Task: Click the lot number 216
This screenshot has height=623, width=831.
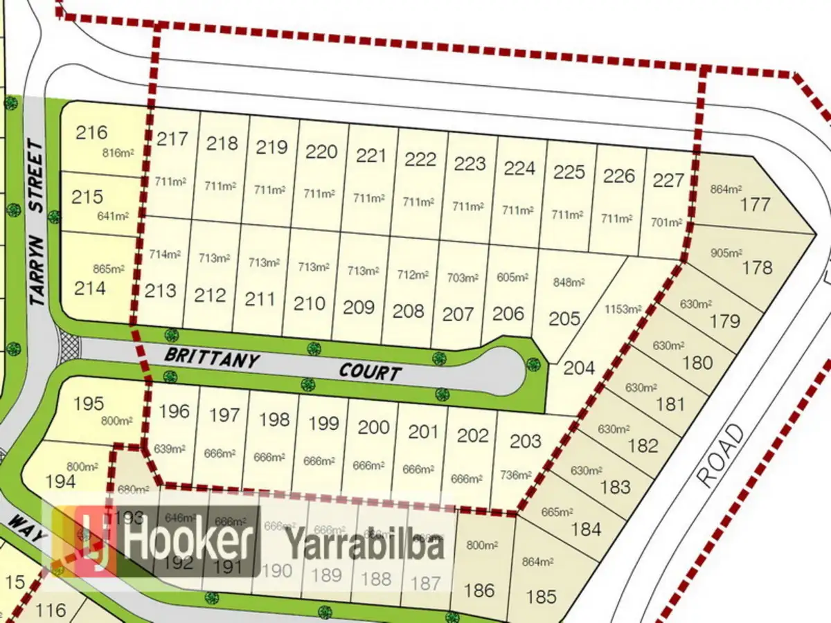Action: [91, 132]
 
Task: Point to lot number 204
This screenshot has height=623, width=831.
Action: [579, 368]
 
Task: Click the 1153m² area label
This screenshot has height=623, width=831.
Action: [623, 309]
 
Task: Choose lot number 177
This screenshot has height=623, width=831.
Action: [756, 204]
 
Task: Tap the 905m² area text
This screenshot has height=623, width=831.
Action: [726, 253]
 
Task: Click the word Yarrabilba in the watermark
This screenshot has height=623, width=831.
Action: [365, 545]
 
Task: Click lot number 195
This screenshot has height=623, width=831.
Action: [88, 403]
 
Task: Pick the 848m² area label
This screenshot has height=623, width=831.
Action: [569, 282]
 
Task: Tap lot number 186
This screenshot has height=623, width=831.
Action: [479, 590]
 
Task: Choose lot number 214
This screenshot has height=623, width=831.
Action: [91, 288]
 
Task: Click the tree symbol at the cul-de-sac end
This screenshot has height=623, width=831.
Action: [532, 363]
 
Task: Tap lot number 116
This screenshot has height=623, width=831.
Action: [51, 610]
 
